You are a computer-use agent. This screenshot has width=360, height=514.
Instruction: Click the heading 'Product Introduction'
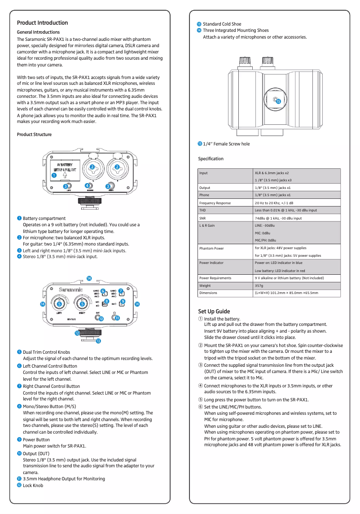(x=42, y=23)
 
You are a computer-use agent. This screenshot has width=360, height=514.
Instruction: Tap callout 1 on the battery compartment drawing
(x=54, y=176)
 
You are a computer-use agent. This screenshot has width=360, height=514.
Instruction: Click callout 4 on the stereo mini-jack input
(x=87, y=185)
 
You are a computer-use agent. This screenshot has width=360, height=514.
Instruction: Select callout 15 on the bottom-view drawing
(x=278, y=102)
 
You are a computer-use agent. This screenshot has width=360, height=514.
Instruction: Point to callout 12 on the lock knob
(x=77, y=334)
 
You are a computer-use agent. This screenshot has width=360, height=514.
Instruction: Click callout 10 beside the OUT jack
(x=101, y=318)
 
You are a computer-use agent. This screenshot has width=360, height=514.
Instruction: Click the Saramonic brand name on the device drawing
(x=70, y=290)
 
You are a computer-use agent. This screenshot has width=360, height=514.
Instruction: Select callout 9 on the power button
(x=123, y=301)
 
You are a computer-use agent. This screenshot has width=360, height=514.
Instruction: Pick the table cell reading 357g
(x=259, y=286)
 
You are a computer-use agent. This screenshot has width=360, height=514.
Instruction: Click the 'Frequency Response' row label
(x=215, y=203)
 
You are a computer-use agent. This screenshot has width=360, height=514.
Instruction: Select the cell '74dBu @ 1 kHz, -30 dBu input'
(x=278, y=218)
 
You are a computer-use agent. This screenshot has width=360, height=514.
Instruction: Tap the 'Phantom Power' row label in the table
(x=211, y=248)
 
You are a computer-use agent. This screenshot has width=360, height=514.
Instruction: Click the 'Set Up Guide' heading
(x=214, y=311)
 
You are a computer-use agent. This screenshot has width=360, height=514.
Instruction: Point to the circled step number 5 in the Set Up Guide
(x=201, y=400)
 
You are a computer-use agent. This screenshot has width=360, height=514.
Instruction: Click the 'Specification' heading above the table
(x=211, y=159)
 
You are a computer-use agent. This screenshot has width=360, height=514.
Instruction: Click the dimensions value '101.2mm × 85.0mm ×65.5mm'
(x=286, y=293)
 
